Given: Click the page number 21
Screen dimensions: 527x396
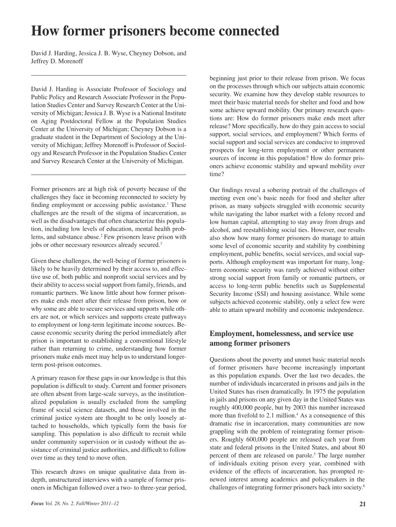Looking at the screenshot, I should [x=362, y=504].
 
